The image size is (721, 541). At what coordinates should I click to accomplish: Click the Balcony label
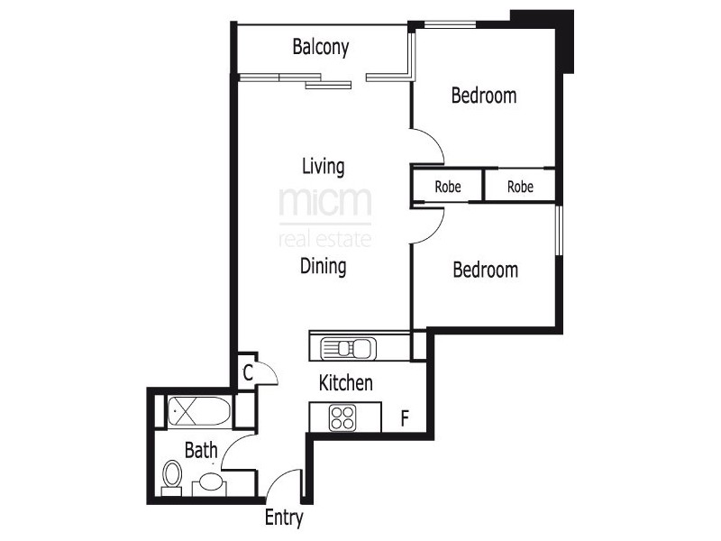pyautogui.click(x=320, y=48)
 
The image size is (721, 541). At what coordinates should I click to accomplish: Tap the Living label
pyautogui.click(x=323, y=167)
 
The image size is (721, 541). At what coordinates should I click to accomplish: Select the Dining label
pyautogui.click(x=324, y=267)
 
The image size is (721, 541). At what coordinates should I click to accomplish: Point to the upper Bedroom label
pyautogui.click(x=484, y=96)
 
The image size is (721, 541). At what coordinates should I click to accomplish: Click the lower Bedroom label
pyautogui.click(x=485, y=270)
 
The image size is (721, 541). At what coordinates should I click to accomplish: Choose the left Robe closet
pyautogui.click(x=448, y=188)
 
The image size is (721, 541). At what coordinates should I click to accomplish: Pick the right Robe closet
pyautogui.click(x=520, y=188)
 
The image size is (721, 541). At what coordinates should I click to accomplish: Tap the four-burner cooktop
pyautogui.click(x=342, y=417)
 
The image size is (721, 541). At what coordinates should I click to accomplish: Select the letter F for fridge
pyautogui.click(x=406, y=418)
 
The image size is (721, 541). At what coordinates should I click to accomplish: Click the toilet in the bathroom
pyautogui.click(x=171, y=478)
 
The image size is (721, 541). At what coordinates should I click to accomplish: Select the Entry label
pyautogui.click(x=284, y=518)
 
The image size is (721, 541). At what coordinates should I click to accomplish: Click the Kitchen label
pyautogui.click(x=345, y=383)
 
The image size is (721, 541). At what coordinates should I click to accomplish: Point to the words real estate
pyautogui.click(x=324, y=239)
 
